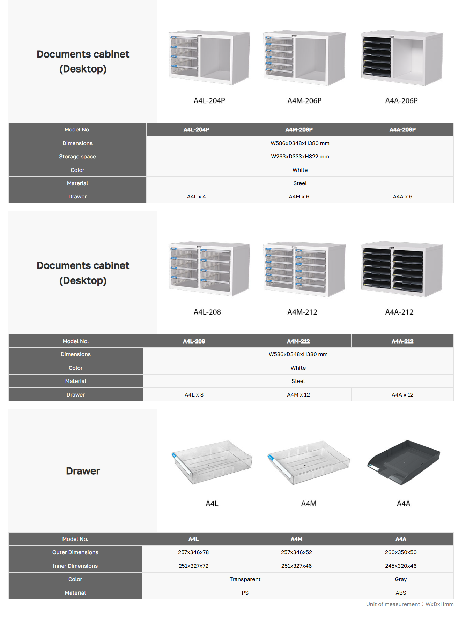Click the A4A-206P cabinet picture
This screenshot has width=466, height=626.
(x=402, y=58)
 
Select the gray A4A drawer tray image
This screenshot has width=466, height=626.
(x=404, y=462)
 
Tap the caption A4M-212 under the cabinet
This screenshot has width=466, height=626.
(x=302, y=312)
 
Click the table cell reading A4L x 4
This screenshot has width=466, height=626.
(x=196, y=197)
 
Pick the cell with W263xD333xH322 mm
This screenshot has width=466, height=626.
(x=300, y=157)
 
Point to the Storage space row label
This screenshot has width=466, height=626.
(x=77, y=157)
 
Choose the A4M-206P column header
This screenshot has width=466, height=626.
(x=299, y=130)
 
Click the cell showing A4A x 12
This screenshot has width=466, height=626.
(x=402, y=395)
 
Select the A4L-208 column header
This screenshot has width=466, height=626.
(x=194, y=341)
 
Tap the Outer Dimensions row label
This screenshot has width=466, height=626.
(x=75, y=552)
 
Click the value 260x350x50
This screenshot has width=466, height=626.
(x=401, y=552)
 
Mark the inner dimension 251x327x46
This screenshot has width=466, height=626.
(x=296, y=566)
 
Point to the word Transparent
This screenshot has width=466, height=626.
(x=245, y=579)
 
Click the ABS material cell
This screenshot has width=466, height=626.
(x=401, y=593)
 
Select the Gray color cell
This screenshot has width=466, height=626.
(x=401, y=579)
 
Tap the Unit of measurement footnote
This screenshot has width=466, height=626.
(x=410, y=604)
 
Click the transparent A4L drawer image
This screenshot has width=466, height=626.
(x=212, y=462)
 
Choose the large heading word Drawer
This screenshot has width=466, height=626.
(x=83, y=471)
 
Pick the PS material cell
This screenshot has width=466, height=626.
(x=245, y=593)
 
